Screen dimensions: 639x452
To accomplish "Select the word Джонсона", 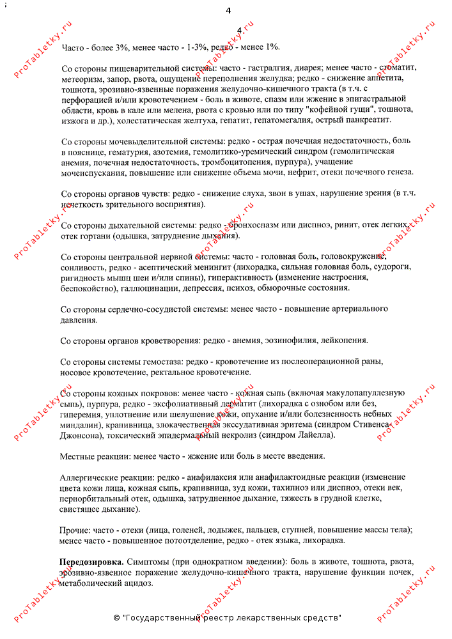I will point(81,435).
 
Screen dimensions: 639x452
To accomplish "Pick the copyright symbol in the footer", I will point(116,618).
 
